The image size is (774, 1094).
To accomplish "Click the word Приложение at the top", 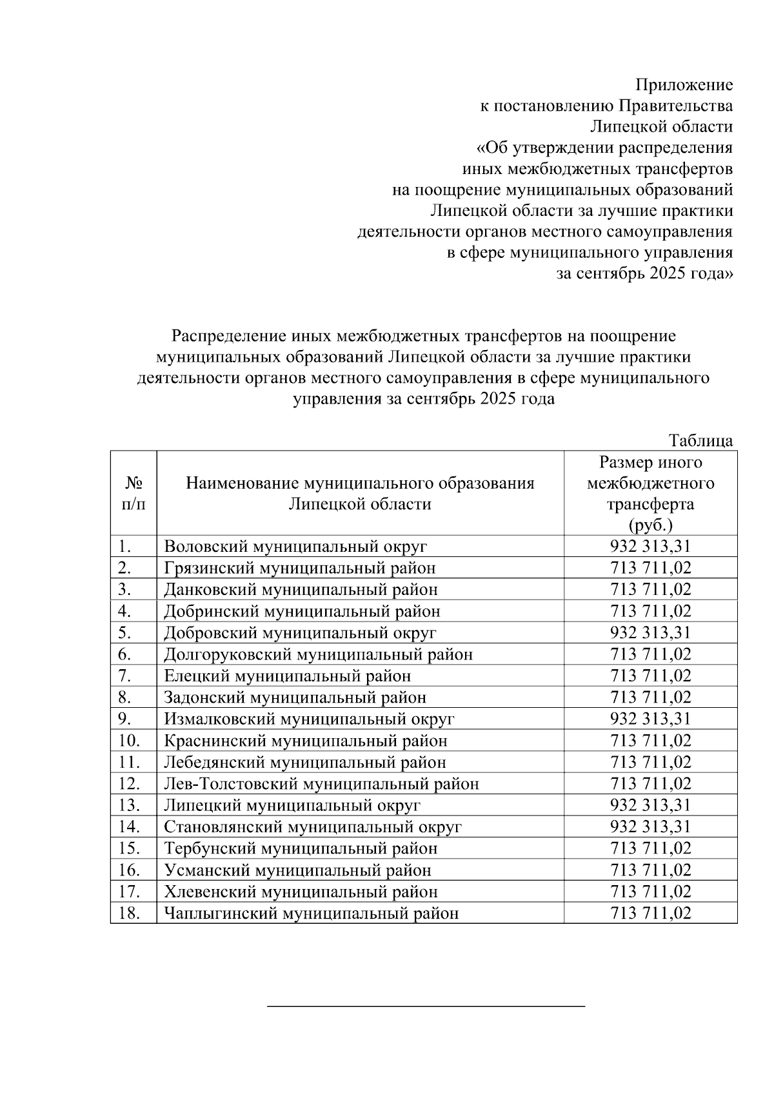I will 684,84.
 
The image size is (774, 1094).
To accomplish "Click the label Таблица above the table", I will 700,440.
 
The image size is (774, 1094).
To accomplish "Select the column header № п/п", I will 134,493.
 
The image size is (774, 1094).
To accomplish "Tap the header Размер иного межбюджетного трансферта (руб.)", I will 650,493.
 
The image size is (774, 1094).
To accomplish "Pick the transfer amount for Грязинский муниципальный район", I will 650,568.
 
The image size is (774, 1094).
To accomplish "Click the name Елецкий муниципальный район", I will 287,676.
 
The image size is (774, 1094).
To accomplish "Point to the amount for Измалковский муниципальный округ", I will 650,719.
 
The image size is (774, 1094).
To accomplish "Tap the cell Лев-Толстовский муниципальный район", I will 321,784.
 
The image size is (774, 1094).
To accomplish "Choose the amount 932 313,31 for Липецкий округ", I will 650,805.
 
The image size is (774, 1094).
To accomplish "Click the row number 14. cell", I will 130,826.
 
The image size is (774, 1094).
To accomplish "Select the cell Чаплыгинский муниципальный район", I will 312,913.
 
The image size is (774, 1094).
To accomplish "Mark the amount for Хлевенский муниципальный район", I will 650,892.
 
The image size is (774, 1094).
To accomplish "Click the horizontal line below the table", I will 426,1005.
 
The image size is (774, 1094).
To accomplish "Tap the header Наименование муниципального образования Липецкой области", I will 360,493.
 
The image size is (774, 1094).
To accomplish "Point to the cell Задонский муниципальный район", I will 295,698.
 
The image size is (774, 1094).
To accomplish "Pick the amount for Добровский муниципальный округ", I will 650,632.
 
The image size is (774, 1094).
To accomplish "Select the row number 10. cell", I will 130,741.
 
